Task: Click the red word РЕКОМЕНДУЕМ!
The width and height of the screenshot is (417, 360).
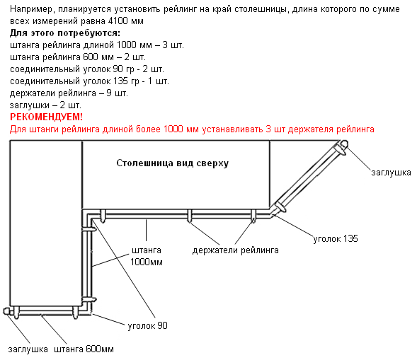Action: point(46,117)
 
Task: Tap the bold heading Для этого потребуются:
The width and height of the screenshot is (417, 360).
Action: point(65,33)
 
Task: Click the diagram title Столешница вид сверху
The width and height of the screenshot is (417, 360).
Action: point(173,163)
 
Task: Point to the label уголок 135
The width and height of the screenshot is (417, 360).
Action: point(336,238)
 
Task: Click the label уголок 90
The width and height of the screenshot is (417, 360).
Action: point(147,326)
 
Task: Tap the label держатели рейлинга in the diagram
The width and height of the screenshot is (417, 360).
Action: point(235,250)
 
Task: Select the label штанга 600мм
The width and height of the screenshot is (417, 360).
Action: point(84,349)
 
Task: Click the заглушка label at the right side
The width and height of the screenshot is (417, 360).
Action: point(391,173)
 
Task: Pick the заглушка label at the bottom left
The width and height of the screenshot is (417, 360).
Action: point(28,349)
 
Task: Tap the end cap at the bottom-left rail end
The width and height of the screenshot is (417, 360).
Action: point(6,311)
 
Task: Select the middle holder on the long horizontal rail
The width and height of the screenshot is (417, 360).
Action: point(189,216)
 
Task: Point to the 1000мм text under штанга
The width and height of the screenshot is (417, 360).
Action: point(147,262)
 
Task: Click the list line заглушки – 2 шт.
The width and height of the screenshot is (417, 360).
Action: point(45,105)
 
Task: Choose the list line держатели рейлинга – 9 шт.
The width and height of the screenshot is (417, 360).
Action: point(69,93)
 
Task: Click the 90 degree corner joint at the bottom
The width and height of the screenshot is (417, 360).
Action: point(87,311)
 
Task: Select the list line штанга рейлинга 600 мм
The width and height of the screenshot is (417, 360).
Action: point(78,57)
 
